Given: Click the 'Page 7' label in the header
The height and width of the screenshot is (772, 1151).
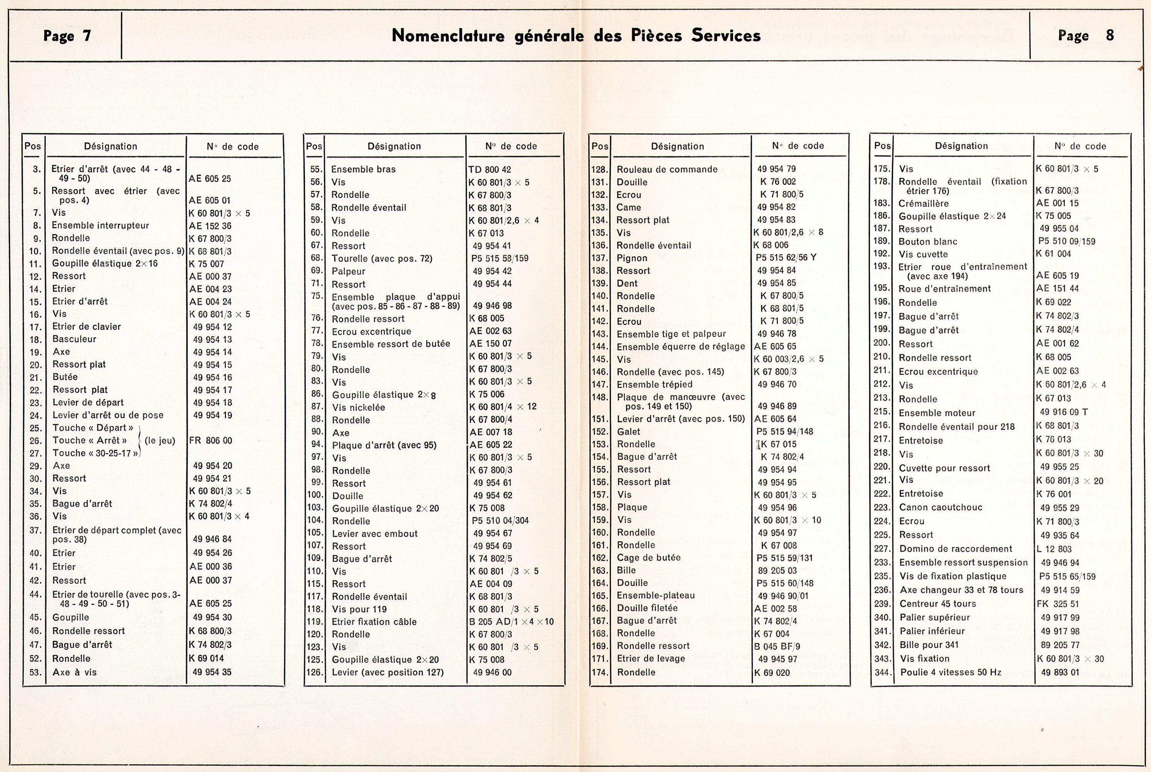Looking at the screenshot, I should click(67, 36).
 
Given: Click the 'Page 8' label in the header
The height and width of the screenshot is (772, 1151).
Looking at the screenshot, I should click(1085, 36).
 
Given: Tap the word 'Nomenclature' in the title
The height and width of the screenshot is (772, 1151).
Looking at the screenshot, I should click(448, 36).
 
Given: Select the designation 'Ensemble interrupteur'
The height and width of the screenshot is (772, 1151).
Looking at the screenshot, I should click(100, 225).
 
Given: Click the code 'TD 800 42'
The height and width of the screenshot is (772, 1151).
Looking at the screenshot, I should click(490, 169).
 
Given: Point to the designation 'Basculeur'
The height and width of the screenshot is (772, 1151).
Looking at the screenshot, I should click(74, 339).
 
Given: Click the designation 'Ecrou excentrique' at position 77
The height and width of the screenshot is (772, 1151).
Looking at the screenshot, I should click(371, 331).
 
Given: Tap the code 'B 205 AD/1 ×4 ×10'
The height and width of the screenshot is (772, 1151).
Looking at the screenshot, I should click(511, 621).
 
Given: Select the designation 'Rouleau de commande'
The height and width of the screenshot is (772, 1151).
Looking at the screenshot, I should click(667, 169).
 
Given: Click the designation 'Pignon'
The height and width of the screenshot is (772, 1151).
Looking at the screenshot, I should click(632, 258).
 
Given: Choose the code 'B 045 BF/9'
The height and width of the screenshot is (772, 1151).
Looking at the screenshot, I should click(777, 646).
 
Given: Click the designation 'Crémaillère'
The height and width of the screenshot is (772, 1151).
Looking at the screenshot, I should click(923, 203).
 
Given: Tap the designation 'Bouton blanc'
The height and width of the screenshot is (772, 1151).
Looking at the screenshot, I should click(928, 242).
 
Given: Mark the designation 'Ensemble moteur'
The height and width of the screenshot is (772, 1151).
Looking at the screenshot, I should click(936, 413).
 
